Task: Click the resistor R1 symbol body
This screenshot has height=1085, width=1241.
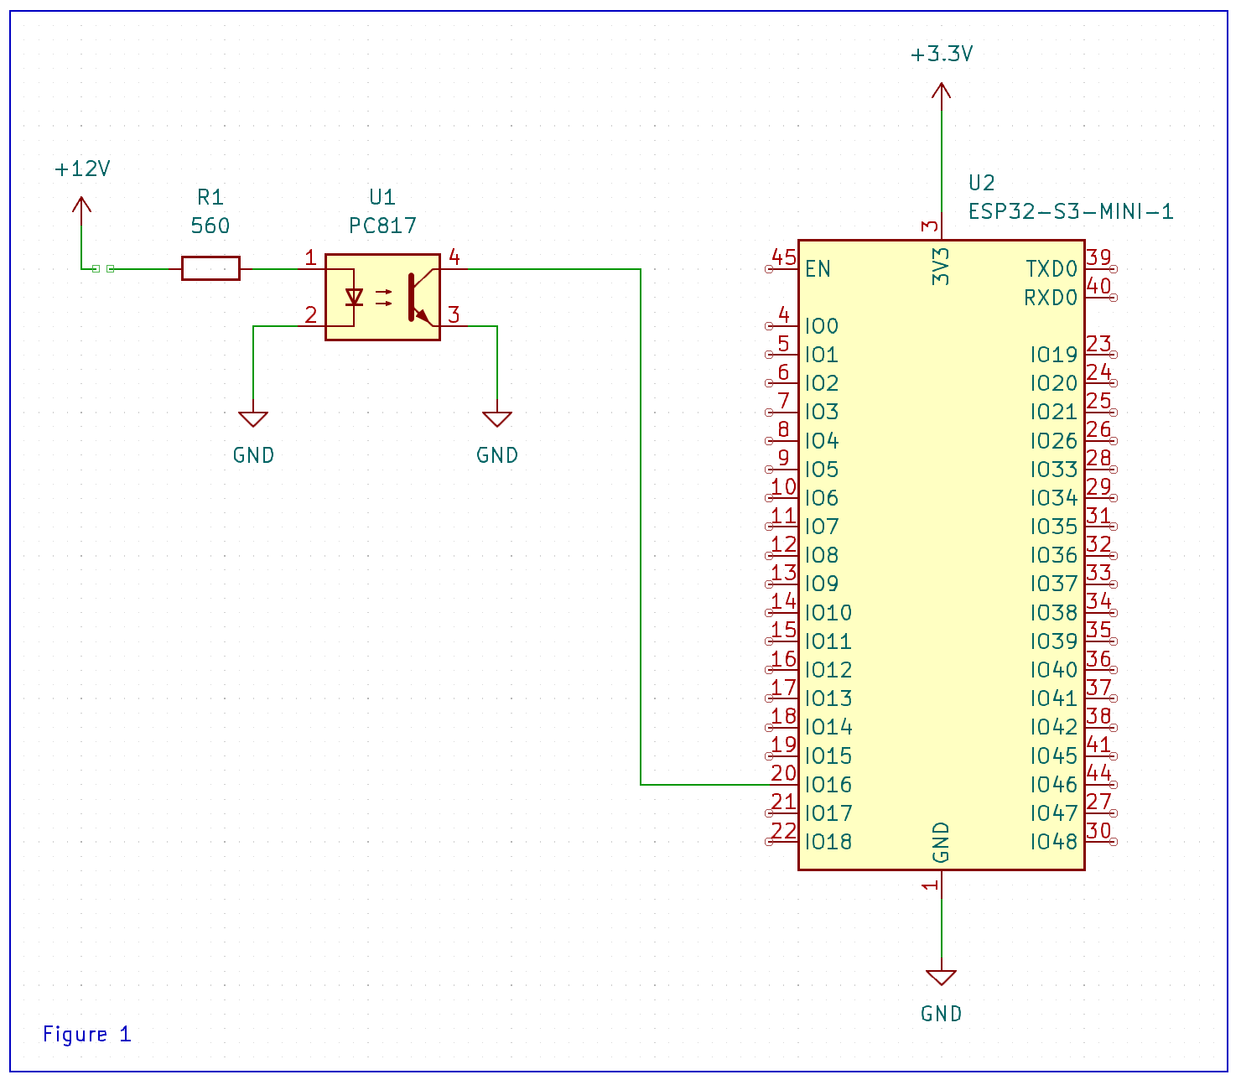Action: click(210, 268)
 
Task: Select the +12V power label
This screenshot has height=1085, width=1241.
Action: click(82, 169)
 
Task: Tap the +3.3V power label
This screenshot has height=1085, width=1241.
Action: click(942, 55)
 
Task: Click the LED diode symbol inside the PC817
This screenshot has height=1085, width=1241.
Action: click(354, 297)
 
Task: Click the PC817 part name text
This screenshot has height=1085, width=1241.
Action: click(382, 226)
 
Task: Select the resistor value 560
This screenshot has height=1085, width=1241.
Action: click(210, 226)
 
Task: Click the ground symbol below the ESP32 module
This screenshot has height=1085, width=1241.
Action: click(941, 978)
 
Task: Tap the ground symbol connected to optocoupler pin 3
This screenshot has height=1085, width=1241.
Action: click(497, 419)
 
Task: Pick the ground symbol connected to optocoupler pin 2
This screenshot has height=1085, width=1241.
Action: click(253, 419)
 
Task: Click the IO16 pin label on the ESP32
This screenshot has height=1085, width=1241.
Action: click(828, 785)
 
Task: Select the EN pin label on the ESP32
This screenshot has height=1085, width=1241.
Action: click(818, 269)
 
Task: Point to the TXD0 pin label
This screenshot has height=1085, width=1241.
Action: click(1051, 269)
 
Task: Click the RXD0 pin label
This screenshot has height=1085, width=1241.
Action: click(1051, 298)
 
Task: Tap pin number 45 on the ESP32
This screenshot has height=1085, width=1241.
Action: click(783, 257)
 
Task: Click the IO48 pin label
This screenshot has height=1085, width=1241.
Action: click(1053, 842)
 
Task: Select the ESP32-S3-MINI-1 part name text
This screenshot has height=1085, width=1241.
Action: click(1071, 211)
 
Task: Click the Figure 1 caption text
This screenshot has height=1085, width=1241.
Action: click(87, 1034)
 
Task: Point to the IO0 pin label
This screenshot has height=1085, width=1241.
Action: click(822, 326)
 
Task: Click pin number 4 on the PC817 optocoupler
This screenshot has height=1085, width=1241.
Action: click(454, 257)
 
